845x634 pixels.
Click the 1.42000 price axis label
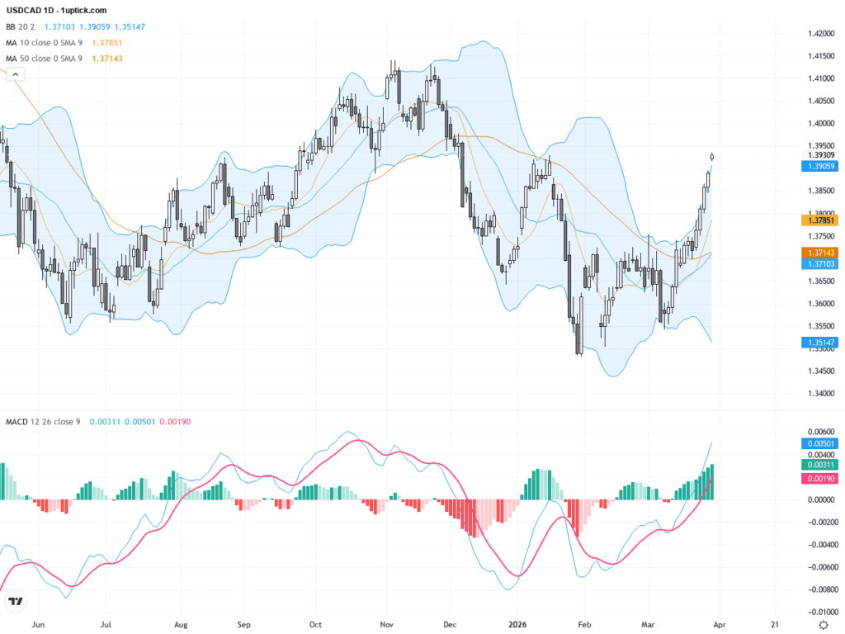pos(820,34)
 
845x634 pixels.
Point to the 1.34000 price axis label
pos(820,394)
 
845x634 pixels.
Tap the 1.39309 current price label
pos(820,155)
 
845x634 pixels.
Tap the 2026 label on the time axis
pos(517,624)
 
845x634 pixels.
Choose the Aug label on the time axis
pos(182,624)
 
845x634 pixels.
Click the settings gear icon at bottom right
pos(823,624)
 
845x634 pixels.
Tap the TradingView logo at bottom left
pos(14,602)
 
